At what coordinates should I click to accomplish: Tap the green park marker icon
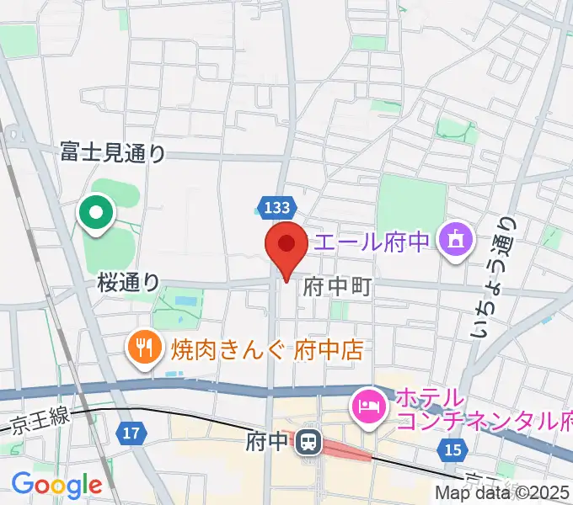[x=97, y=211]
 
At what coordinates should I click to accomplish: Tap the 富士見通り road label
[x=113, y=152]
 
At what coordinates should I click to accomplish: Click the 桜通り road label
[x=128, y=282]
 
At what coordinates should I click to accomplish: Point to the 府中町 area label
[x=337, y=287]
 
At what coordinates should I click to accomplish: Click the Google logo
[x=56, y=484]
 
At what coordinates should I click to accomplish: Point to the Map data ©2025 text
[x=503, y=493]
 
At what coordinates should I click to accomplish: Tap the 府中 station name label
[x=268, y=439]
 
